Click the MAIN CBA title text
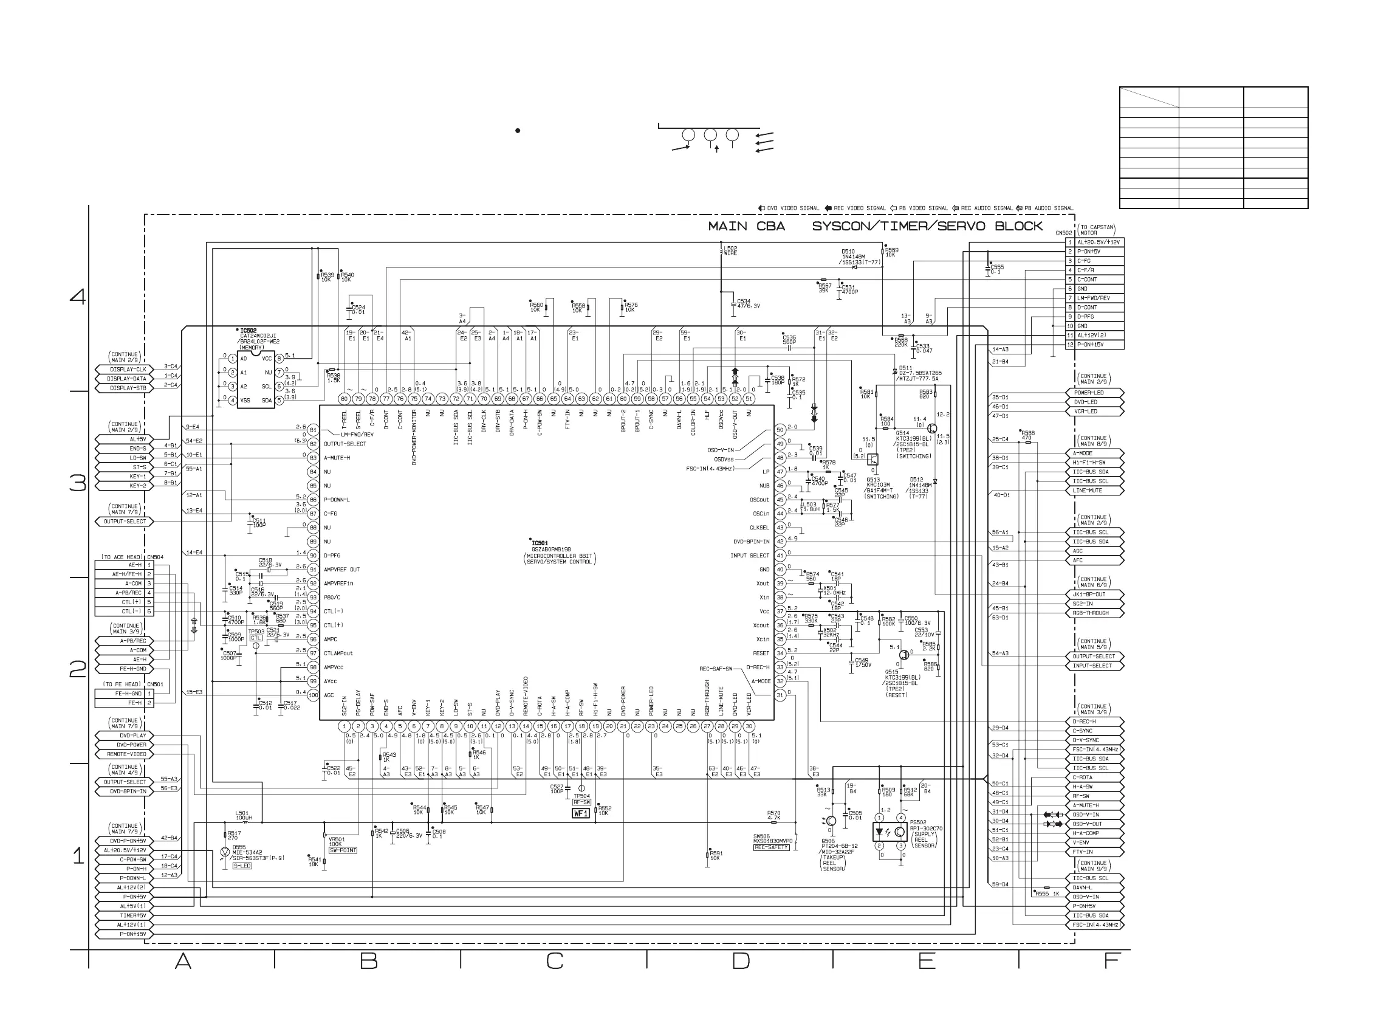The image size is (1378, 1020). pyautogui.click(x=746, y=227)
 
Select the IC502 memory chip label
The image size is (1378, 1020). pyautogui.click(x=248, y=331)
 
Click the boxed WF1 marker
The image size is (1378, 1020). pyautogui.click(x=581, y=813)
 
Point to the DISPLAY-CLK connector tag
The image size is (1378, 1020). pyautogui.click(x=128, y=369)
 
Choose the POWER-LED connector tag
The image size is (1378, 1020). pyautogui.click(x=1095, y=393)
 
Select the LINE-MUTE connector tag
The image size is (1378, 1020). pyautogui.click(x=1095, y=490)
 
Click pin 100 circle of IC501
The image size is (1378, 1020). pyautogui.click(x=313, y=695)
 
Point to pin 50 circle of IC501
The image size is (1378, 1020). pyautogui.click(x=780, y=430)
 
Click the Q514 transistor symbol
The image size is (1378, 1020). pyautogui.click(x=931, y=429)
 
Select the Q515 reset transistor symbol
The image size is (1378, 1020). pyautogui.click(x=904, y=655)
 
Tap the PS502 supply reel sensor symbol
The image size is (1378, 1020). pyautogui.click(x=890, y=832)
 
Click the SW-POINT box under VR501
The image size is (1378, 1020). pyautogui.click(x=343, y=850)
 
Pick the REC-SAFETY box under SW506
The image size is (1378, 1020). pyautogui.click(x=772, y=847)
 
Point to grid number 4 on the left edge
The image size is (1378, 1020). pyautogui.click(x=78, y=297)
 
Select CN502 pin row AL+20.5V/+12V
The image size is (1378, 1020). pyautogui.click(x=1097, y=243)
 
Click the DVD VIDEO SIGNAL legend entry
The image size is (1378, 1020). pyautogui.click(x=789, y=208)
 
